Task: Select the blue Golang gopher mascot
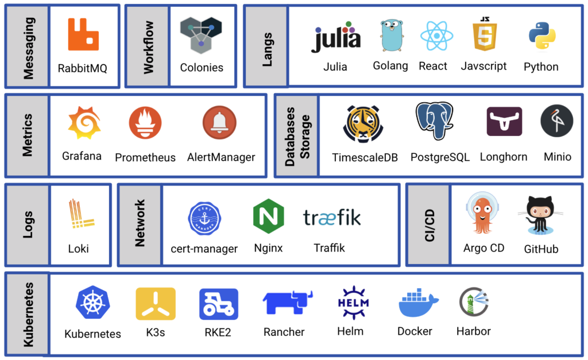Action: point(390,36)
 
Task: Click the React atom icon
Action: point(436,36)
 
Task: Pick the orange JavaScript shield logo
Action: point(483,36)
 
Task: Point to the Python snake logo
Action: point(541,36)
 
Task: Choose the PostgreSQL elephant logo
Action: point(435,121)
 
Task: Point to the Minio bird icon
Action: point(556,121)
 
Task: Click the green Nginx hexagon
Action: point(269,216)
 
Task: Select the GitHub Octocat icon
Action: point(540,216)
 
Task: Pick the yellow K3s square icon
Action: point(155,303)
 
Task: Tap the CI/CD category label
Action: point(428,225)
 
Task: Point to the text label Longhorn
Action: point(504,157)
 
